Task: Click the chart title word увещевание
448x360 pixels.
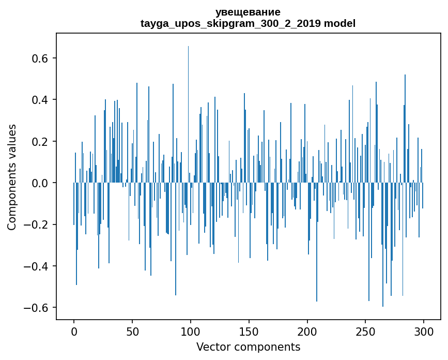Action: [x=248, y=12]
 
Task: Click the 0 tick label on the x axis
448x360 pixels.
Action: [x=74, y=332]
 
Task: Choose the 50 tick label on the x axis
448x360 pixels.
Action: [x=132, y=332]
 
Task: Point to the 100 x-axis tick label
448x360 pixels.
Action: [x=191, y=332]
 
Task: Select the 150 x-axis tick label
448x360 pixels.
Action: [x=249, y=332]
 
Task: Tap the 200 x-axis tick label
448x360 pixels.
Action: [x=307, y=332]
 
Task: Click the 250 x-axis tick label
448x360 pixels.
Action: [x=365, y=332]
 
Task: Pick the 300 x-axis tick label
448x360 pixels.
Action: [x=424, y=332]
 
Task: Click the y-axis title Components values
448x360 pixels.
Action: [x=12, y=177]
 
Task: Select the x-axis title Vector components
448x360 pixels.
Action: [x=248, y=347]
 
